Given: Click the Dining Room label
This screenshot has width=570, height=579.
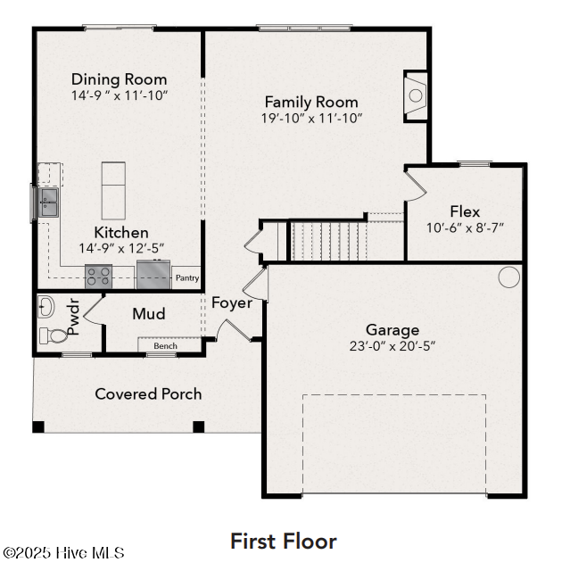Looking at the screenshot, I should (x=119, y=79).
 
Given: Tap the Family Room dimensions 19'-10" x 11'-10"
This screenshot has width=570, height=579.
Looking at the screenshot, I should (x=311, y=118).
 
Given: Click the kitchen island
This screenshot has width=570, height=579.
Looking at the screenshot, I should (x=113, y=190).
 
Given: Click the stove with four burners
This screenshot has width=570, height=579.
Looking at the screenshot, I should (x=97, y=276).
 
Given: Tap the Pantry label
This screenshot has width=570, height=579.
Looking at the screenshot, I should (x=186, y=278).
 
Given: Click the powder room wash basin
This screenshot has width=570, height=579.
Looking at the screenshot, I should (x=46, y=308).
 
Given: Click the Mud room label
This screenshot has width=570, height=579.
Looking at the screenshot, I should (x=149, y=314).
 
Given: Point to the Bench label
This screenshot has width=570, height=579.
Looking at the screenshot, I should (x=165, y=346).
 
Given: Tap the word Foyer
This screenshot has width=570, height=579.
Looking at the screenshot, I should (x=232, y=303).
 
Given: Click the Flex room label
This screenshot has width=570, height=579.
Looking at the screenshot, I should (x=465, y=211).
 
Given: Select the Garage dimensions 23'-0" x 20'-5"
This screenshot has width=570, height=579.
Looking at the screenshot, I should (x=392, y=346).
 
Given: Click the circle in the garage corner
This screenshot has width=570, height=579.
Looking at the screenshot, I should (x=508, y=277).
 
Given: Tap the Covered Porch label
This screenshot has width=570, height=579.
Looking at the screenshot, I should (x=148, y=393).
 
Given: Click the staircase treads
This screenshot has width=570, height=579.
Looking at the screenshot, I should (x=329, y=240).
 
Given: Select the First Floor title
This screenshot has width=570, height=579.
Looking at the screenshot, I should (x=284, y=541).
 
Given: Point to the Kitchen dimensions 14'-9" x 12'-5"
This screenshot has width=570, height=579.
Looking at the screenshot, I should (x=120, y=248).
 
